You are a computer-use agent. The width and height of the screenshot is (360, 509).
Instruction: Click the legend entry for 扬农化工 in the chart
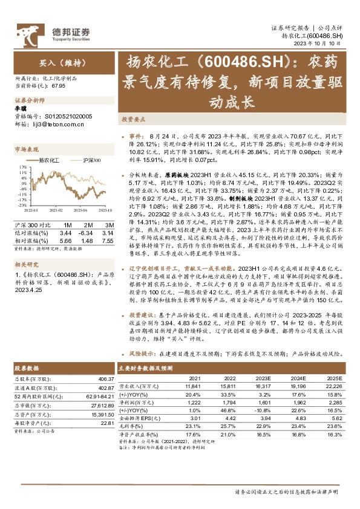click(x=48, y=160)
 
